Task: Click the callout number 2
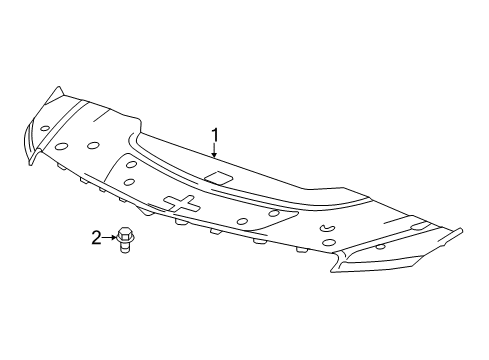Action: (x=97, y=237)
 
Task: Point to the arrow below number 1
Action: (x=213, y=149)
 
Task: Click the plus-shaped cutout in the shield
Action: (x=182, y=203)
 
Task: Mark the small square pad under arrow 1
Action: (x=215, y=178)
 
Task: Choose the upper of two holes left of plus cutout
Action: (x=129, y=162)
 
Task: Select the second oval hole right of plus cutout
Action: (x=273, y=213)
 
